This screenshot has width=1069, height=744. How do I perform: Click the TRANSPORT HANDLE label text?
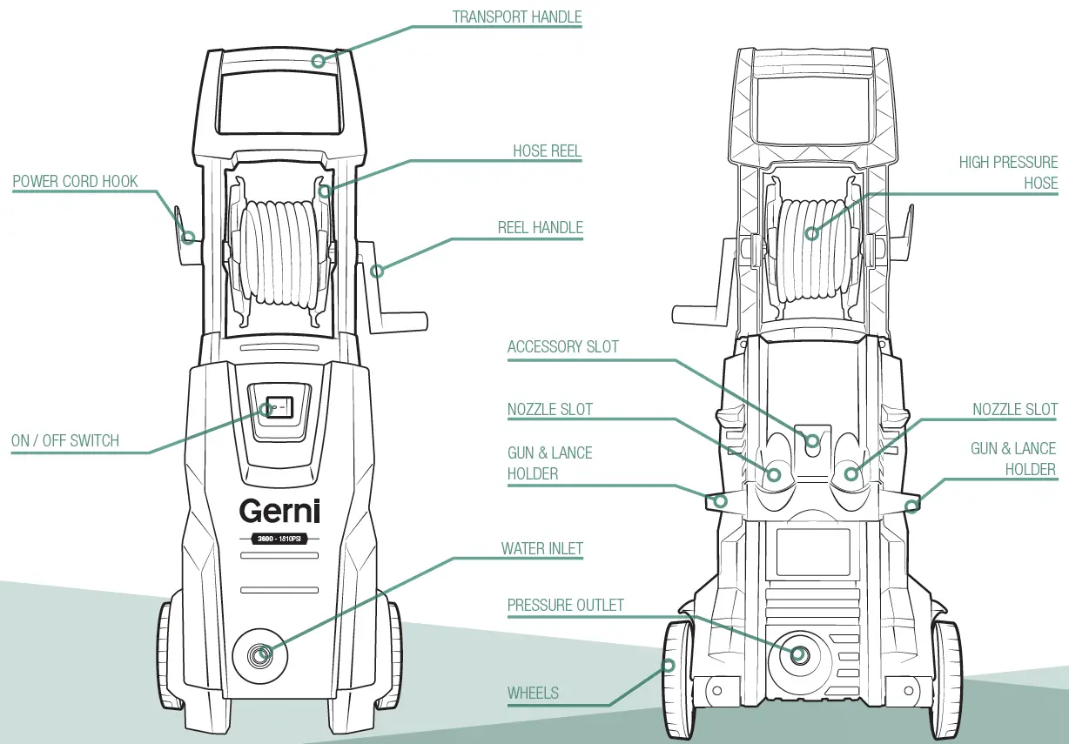pyautogui.click(x=517, y=17)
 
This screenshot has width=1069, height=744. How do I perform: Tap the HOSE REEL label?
pyautogui.click(x=547, y=151)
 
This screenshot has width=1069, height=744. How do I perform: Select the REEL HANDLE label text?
pyautogui.click(x=540, y=228)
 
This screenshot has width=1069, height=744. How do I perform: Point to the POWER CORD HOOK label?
pyautogui.click(x=75, y=182)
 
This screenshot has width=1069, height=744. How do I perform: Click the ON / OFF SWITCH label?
pyautogui.click(x=64, y=441)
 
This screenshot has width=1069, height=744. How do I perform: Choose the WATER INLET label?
pyautogui.click(x=541, y=549)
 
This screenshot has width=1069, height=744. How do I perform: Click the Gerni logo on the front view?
pyautogui.click(x=279, y=511)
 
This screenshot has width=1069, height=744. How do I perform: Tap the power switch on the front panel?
pyautogui.click(x=279, y=406)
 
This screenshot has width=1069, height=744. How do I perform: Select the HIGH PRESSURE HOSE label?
pyautogui.click(x=1008, y=172)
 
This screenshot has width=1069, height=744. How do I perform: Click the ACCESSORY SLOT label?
pyautogui.click(x=562, y=347)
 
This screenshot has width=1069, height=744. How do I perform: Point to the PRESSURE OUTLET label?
pyautogui.click(x=565, y=606)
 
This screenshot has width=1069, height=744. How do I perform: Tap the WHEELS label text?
pyautogui.click(x=533, y=694)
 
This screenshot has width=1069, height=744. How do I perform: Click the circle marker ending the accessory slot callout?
pyautogui.click(x=812, y=441)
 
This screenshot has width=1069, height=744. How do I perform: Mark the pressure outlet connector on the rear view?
pyautogui.click(x=797, y=654)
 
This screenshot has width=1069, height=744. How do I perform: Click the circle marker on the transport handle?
pyautogui.click(x=319, y=61)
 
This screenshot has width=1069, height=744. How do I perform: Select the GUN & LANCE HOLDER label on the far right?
pyautogui.click(x=1012, y=459)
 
